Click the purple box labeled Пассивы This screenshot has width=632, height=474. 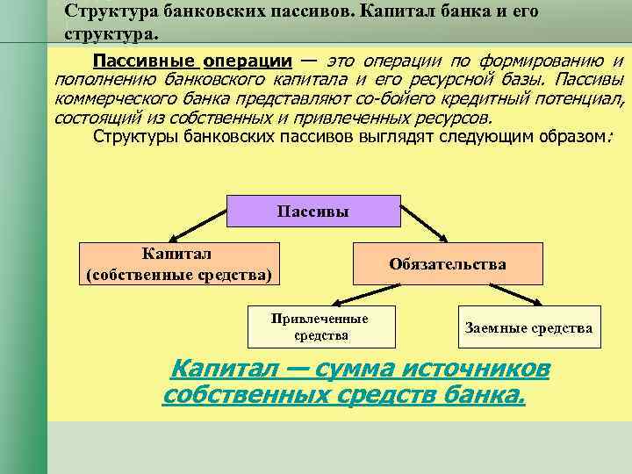[x=312, y=212]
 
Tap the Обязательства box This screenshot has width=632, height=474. [x=448, y=264]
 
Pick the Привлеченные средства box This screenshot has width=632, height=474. [x=321, y=327]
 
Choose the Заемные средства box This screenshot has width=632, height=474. [x=528, y=327]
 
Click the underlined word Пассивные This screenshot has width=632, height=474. [x=145, y=61]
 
